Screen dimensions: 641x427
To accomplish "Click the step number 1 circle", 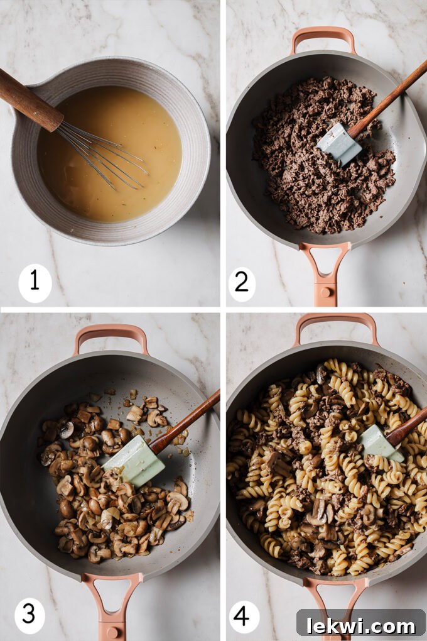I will pos(35,282).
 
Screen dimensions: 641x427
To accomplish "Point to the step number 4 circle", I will pos(242,615).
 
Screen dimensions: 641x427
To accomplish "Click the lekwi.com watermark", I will pos(361,625).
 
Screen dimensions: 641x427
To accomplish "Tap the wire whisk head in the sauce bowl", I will pos(104,153).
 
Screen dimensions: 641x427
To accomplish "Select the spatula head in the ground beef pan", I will pos(338,144).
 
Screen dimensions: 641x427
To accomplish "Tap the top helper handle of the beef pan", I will pos(323,38).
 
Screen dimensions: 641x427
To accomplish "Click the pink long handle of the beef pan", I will pos(325,273).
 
